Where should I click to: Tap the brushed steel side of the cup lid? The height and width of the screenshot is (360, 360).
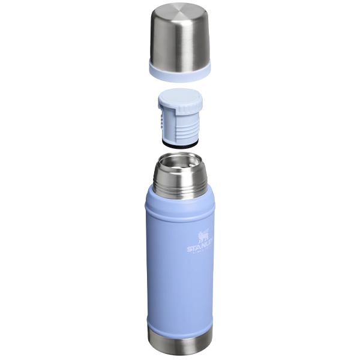[180, 45]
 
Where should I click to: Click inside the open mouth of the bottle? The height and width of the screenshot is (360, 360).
[180, 164]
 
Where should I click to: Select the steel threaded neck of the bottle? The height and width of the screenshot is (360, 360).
[180, 186]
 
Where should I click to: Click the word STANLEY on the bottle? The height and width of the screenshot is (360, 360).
[200, 247]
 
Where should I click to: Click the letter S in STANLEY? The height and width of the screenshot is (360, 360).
[189, 249]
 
